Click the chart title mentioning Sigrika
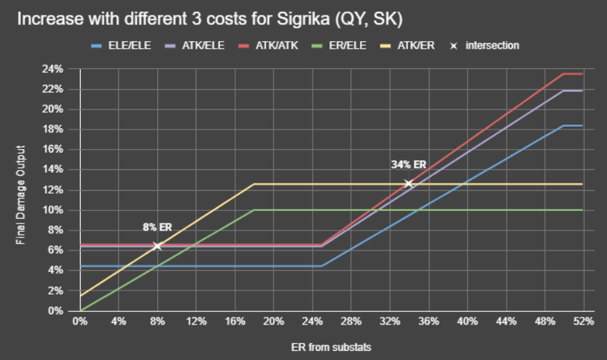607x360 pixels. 209,18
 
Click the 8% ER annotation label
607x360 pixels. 157,227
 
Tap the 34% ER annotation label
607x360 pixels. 409,164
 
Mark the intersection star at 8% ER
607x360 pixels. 157,246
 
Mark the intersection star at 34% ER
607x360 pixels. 409,183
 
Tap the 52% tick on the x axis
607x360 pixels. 583,322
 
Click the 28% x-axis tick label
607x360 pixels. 351,322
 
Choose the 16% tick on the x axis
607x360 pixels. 235,322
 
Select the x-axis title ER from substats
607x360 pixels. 331,346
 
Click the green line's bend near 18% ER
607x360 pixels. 254,210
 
